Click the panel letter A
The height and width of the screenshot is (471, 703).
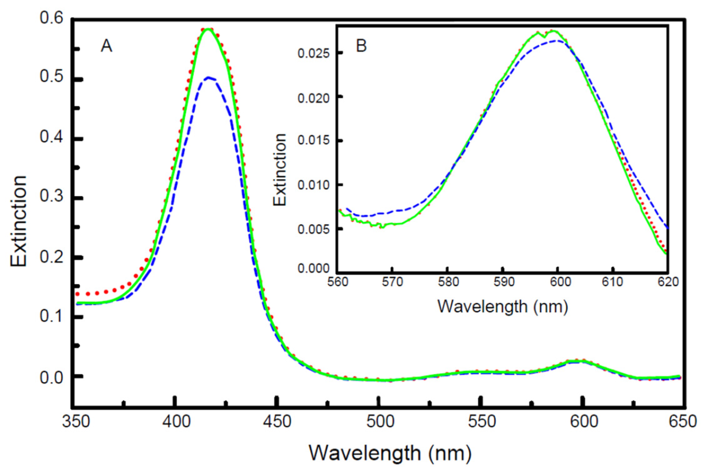(106, 47)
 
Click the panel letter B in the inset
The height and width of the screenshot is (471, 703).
(362, 46)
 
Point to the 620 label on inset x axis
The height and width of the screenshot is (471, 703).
(667, 282)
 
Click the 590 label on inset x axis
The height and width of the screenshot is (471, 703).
(503, 282)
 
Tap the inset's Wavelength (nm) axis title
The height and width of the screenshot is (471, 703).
(502, 307)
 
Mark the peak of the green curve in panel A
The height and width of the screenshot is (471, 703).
(208, 29)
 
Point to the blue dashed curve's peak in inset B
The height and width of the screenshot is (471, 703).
(557, 41)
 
